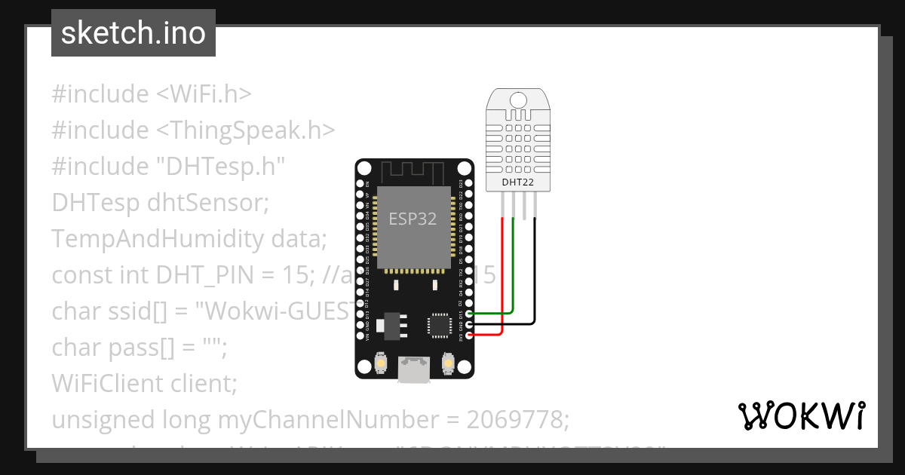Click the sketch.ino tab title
click(x=133, y=33)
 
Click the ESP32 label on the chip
click(x=413, y=219)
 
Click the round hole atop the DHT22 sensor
click(x=518, y=100)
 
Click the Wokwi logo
click(x=801, y=415)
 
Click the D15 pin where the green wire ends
click(x=469, y=313)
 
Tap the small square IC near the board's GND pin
click(x=438, y=325)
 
